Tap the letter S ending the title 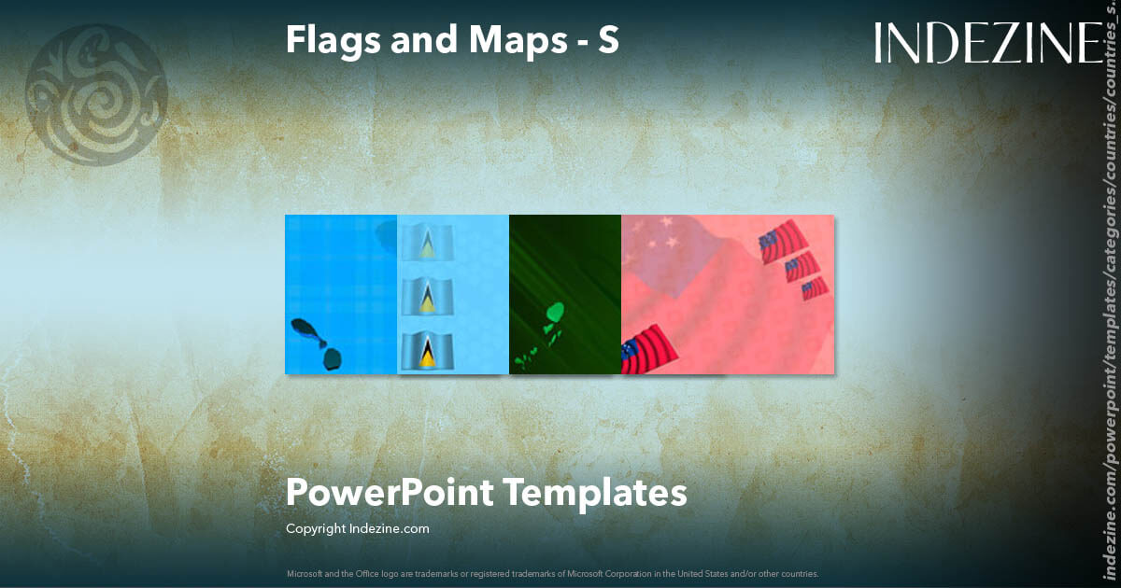608,39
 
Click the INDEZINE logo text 988,43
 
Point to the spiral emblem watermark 96,94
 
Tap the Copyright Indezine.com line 358,529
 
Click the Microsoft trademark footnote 553,573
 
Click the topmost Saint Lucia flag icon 428,245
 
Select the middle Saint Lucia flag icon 428,298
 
